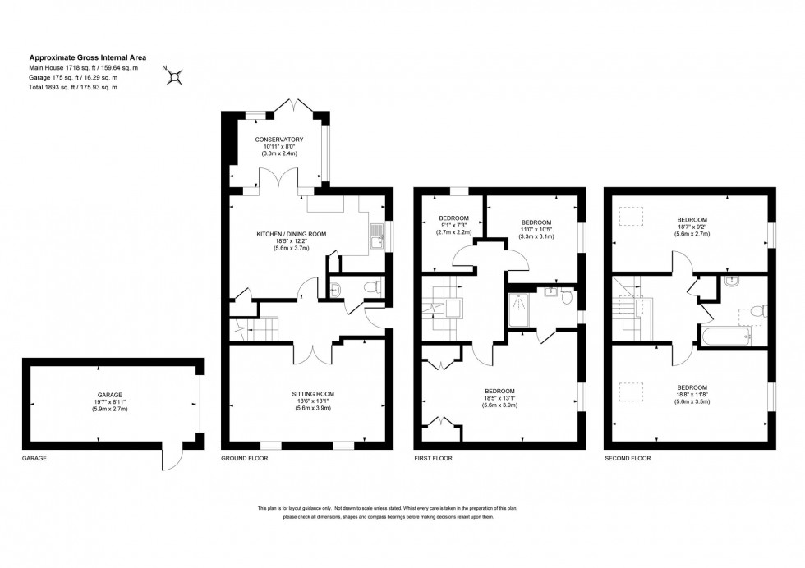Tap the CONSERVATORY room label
(x=278, y=139)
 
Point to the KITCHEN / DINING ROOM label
(x=291, y=234)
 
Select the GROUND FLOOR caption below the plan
(x=244, y=459)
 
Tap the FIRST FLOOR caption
(x=432, y=459)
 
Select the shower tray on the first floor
(x=522, y=310)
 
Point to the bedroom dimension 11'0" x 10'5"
(x=536, y=230)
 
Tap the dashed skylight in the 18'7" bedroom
(x=631, y=216)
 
